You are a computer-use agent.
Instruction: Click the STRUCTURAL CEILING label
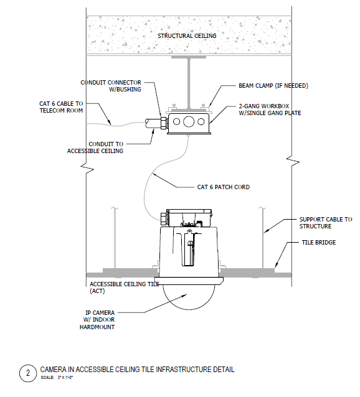click(187, 36)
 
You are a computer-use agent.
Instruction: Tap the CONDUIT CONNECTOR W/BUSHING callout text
click(111, 86)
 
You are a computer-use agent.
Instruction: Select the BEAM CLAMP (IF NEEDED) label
click(273, 85)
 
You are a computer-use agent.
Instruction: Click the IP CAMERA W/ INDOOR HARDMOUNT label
click(100, 320)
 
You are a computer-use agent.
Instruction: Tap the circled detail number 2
click(28, 373)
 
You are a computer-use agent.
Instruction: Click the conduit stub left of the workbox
click(151, 123)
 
